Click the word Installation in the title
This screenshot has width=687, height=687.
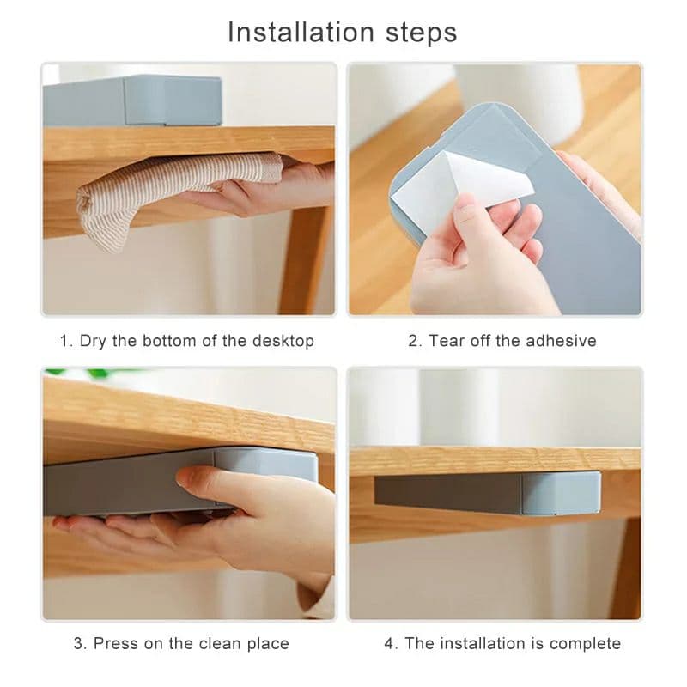click(x=301, y=33)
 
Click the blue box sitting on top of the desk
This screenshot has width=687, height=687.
click(x=133, y=100)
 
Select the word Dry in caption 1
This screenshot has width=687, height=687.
click(x=93, y=341)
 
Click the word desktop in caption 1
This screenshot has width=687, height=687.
click(x=283, y=341)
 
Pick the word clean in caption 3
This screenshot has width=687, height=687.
click(x=220, y=643)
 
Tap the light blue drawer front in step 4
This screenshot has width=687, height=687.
click(x=561, y=492)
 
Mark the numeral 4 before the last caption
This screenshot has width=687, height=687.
click(x=389, y=643)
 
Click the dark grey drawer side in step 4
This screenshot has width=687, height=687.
click(x=447, y=495)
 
